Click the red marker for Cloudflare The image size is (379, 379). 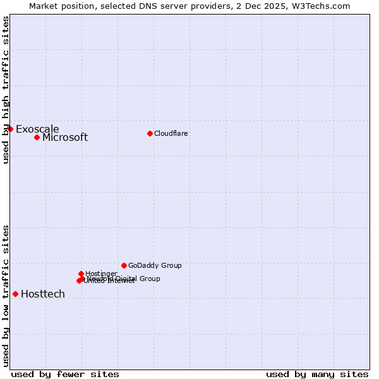150,133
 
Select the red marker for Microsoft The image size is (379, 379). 37,137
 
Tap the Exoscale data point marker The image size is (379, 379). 11,129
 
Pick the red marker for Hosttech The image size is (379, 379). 15,294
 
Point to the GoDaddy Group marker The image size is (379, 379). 124,265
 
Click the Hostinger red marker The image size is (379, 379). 81,274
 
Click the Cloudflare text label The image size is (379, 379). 171,133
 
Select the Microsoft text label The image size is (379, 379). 65,138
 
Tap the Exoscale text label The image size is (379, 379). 37,129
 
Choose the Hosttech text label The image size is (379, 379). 43,294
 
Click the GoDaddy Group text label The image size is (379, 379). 155,266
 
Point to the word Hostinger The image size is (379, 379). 101,274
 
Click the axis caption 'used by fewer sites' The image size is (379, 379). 65,374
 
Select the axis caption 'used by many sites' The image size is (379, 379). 317,374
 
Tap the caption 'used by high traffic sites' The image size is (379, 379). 6,90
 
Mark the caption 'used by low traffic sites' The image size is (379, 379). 6,296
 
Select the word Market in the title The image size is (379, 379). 45,6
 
